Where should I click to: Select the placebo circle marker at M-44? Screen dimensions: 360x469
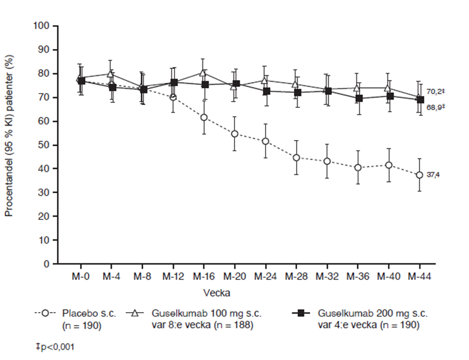point(419,175)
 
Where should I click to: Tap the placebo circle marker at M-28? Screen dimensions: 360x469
point(297,157)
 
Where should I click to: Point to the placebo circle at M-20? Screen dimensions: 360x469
point(235,134)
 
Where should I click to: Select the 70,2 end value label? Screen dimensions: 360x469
point(432,91)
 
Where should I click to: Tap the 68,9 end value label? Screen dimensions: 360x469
point(432,107)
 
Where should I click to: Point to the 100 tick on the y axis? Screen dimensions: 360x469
point(42,26)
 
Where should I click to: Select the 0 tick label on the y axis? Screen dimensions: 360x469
point(47,264)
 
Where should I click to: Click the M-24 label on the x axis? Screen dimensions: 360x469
point(266,275)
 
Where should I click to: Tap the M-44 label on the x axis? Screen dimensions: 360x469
point(419,275)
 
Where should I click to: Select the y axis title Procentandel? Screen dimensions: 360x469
point(9,145)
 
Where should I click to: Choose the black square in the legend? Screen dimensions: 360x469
point(301,314)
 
